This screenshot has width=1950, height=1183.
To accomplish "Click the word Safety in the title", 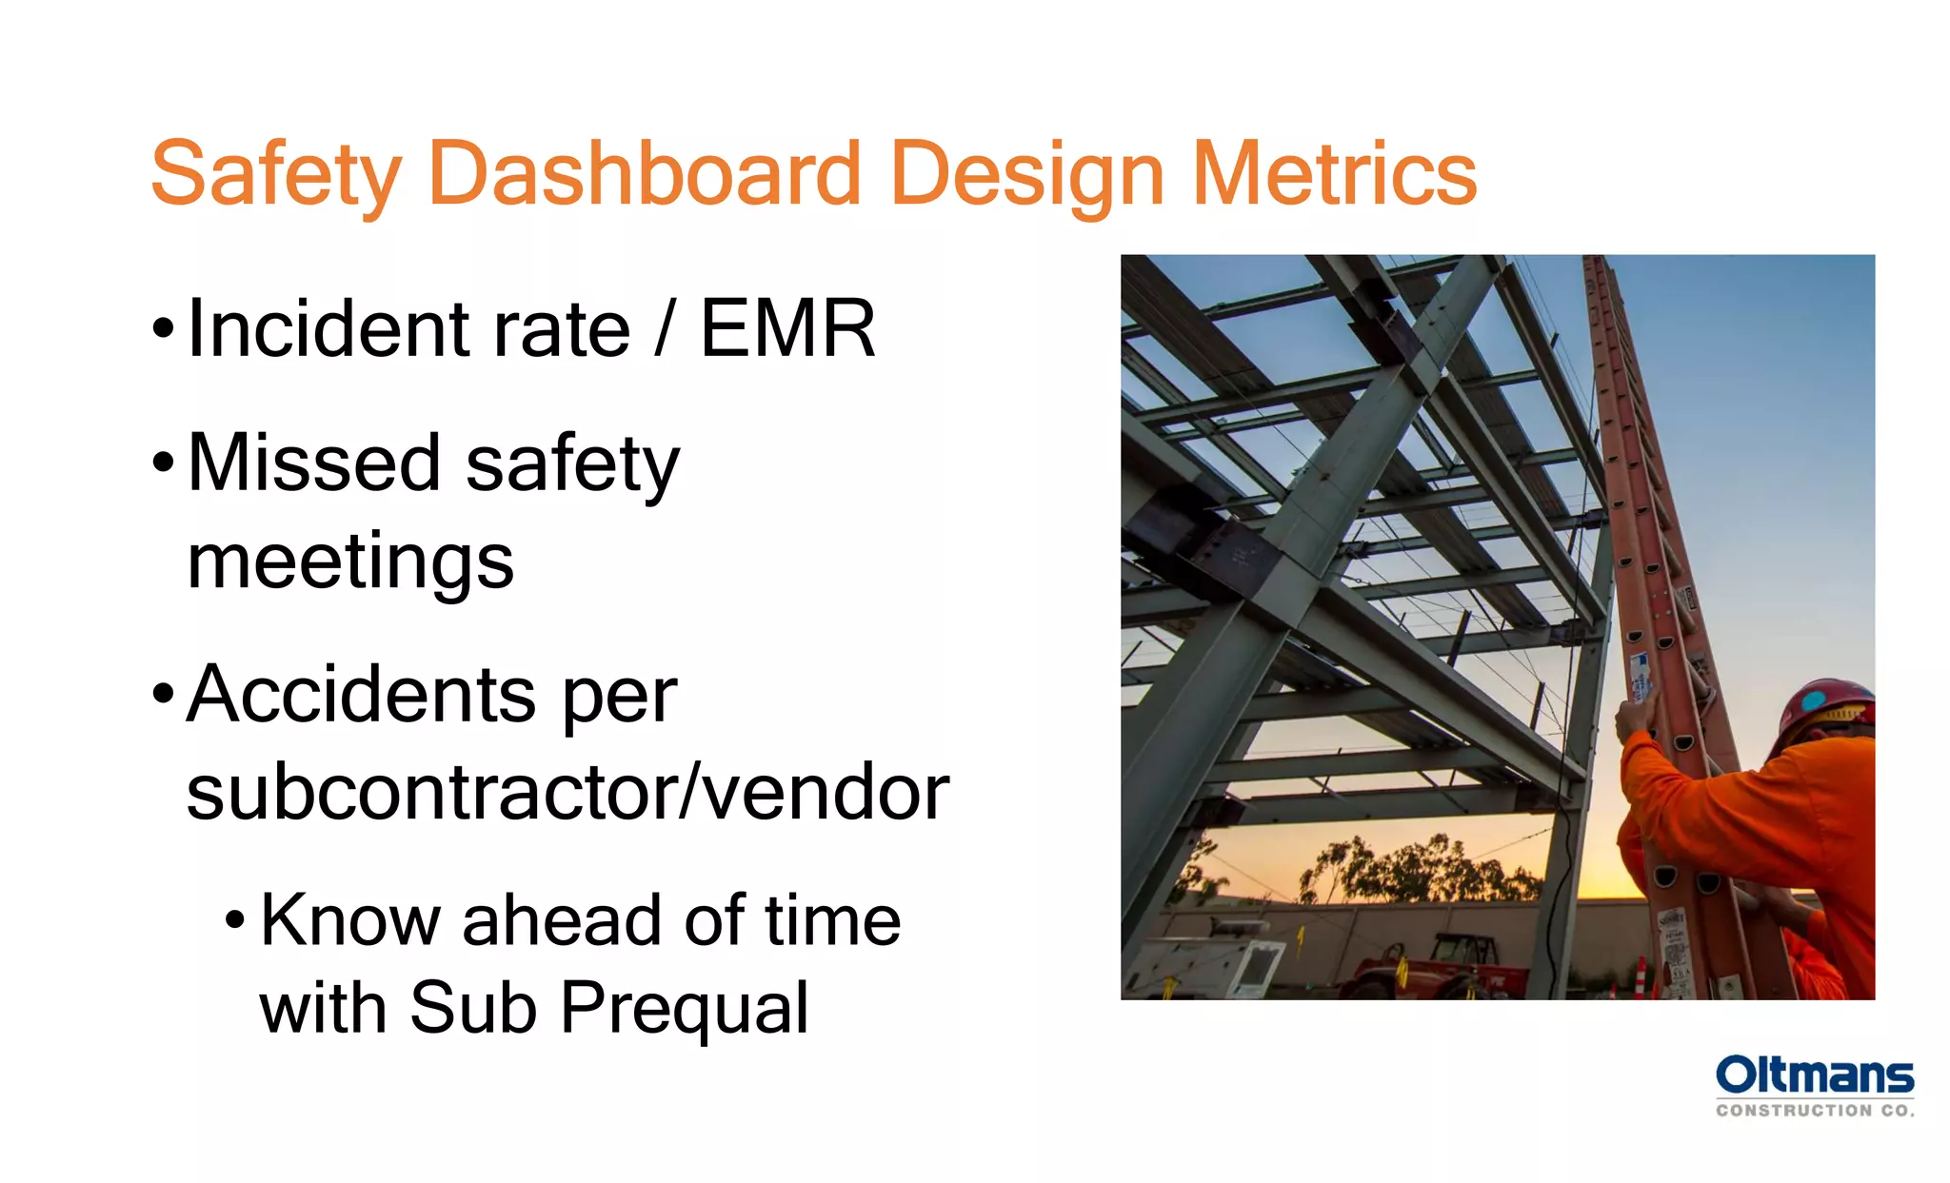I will point(276,174).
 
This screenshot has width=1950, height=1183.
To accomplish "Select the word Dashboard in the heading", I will point(645,174).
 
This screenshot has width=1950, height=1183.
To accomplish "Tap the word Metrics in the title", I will point(1334,174).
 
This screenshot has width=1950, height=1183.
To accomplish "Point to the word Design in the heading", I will point(1027,174).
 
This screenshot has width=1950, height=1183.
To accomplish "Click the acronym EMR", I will point(787,328).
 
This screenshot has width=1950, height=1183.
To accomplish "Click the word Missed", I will point(314,463).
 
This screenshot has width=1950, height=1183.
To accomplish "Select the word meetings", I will point(350,562).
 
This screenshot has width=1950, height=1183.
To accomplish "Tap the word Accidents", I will point(361,694).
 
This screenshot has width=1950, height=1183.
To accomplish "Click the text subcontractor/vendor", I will point(567,792).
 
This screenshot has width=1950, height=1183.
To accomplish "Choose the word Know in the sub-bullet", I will point(348,920).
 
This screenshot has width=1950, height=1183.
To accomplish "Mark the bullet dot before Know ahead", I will point(235,920).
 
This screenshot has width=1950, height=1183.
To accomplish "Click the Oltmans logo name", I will point(1814,1075).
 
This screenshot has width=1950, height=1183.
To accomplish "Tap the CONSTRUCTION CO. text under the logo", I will point(1814,1111).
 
